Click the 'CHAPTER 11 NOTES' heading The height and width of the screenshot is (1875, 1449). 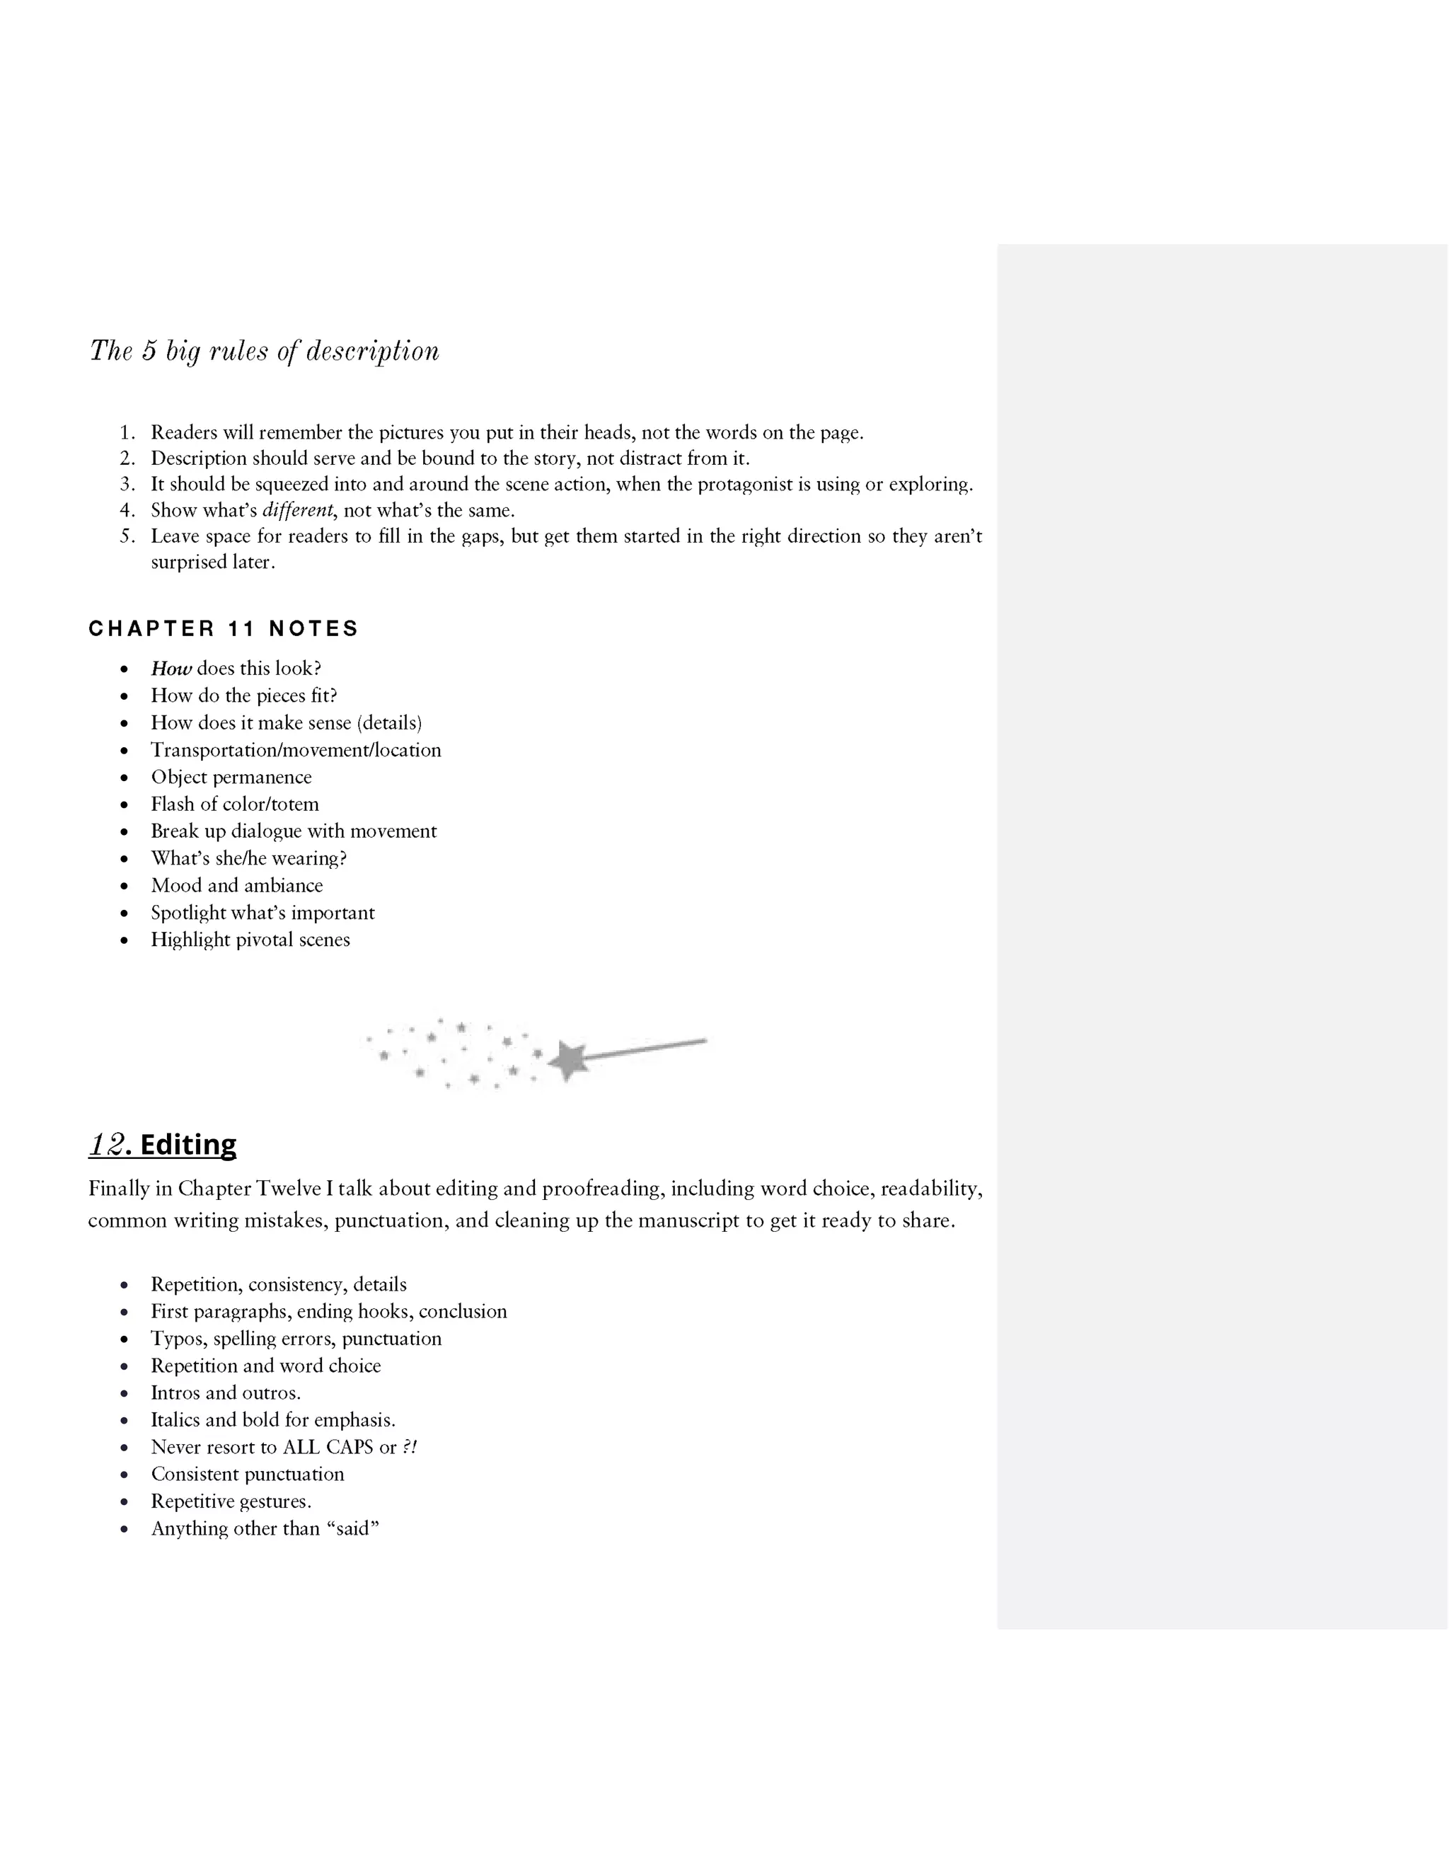click(223, 628)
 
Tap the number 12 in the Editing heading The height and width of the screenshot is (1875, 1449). click(108, 1144)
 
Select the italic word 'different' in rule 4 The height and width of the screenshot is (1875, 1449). click(297, 510)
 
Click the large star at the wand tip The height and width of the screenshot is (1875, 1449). click(567, 1061)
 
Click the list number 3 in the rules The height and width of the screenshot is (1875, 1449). click(127, 484)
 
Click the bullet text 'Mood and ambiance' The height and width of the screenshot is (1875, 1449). click(237, 885)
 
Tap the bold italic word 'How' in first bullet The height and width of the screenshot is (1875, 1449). click(171, 669)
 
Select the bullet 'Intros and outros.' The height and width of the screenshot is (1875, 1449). click(226, 1392)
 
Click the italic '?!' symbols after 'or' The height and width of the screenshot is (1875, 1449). click(410, 1447)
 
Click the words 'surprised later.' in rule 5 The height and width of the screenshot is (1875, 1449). click(213, 562)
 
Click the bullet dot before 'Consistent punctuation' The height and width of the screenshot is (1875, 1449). click(125, 1475)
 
